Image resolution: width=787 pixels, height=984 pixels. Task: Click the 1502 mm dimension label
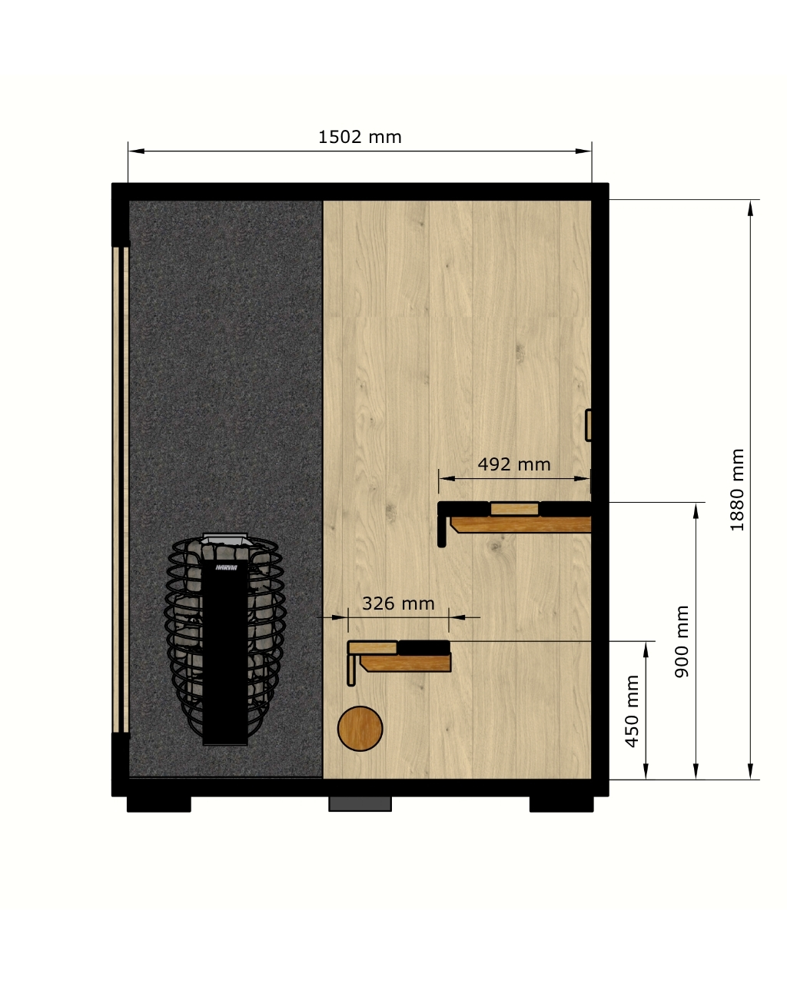[360, 137]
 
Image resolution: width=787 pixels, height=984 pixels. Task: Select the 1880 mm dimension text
[737, 490]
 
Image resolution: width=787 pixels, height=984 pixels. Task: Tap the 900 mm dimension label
[682, 641]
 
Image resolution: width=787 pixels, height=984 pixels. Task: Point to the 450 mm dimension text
[632, 711]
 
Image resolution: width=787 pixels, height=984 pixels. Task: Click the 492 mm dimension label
[514, 464]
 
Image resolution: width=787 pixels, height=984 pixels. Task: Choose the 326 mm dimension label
[398, 603]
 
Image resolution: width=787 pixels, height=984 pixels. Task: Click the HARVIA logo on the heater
[227, 567]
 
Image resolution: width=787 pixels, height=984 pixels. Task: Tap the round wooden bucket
[360, 729]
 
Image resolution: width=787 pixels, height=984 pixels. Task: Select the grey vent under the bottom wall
[360, 804]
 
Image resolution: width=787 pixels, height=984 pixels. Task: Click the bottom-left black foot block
[158, 804]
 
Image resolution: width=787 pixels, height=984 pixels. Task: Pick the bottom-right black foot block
[561, 804]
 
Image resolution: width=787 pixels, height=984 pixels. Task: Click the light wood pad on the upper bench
[514, 509]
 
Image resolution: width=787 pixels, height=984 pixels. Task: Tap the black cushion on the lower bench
[424, 647]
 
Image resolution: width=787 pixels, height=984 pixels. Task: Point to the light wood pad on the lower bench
[373, 647]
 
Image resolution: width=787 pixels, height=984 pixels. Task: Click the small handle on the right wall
[589, 425]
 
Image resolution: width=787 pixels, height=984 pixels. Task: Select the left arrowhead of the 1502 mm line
[136, 151]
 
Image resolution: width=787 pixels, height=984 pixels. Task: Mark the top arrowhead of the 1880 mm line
[750, 208]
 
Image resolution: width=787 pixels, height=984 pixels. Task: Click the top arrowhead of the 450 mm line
[646, 650]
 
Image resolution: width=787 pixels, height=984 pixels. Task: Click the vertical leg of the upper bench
[441, 530]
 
